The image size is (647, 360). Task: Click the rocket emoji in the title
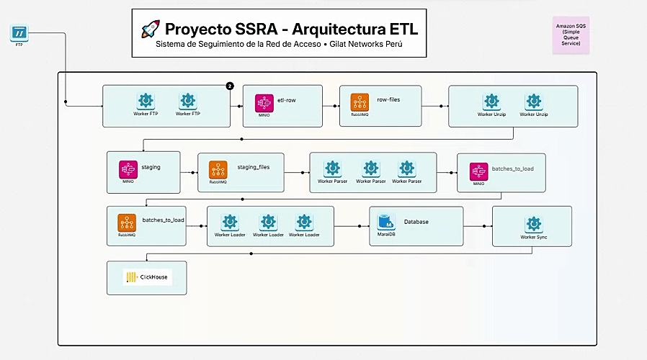tap(151, 29)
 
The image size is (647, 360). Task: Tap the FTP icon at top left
tap(19, 32)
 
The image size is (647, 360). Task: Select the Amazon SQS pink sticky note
tap(571, 35)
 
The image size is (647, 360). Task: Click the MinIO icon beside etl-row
tap(264, 101)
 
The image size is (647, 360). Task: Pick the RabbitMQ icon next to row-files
tap(359, 102)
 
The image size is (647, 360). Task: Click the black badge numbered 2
tap(230, 86)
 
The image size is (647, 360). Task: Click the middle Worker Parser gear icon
tap(370, 168)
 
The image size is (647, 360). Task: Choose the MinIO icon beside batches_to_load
tap(478, 171)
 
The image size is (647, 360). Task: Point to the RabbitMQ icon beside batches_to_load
tap(127, 222)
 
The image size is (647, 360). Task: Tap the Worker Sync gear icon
tap(533, 224)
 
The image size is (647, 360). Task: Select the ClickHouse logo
tap(148, 276)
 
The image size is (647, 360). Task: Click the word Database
tap(416, 222)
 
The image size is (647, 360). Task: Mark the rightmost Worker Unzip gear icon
tap(533, 102)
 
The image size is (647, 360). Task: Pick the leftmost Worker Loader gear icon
tap(229, 222)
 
